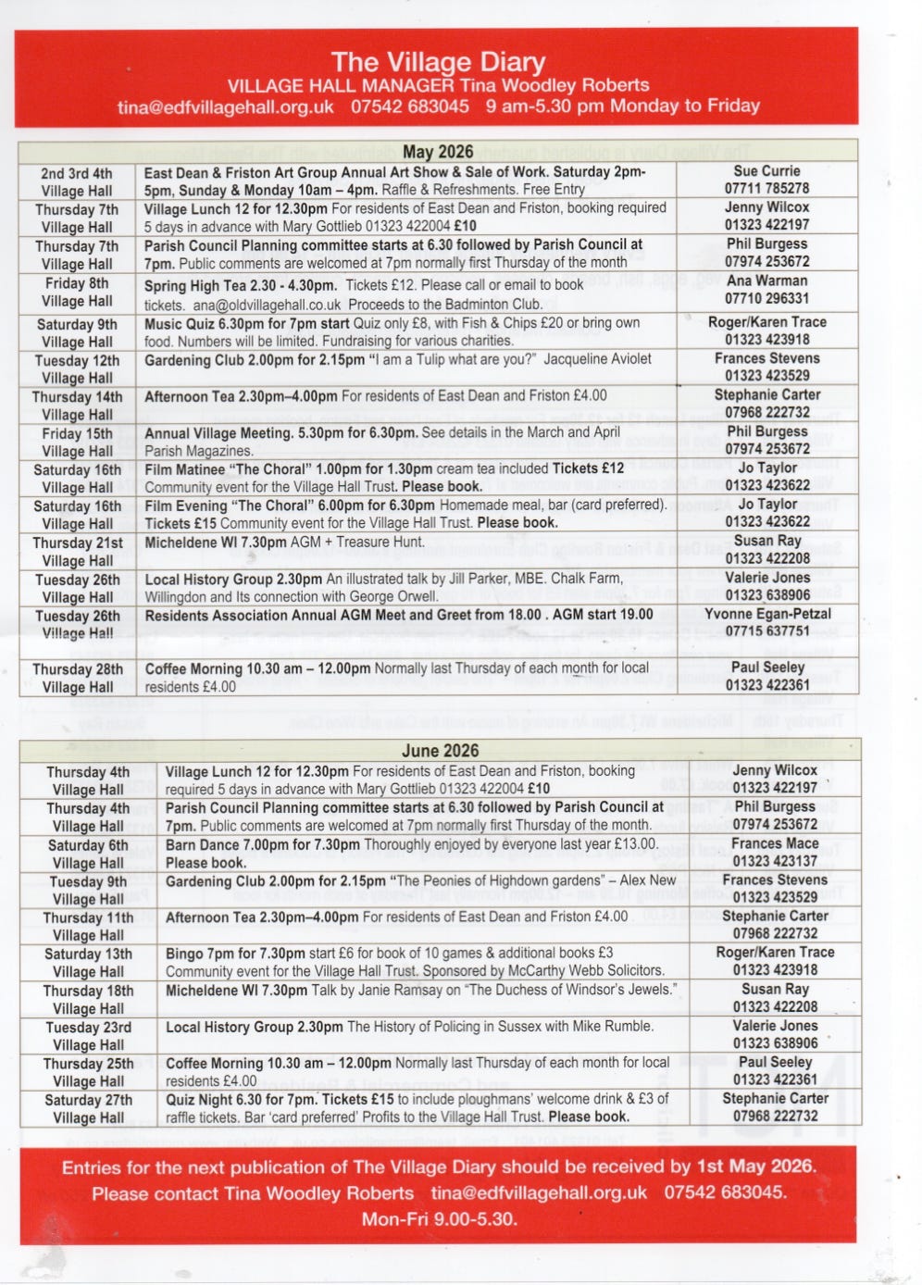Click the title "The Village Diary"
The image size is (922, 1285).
pyautogui.click(x=438, y=62)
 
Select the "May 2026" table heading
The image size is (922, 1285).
pyautogui.click(x=438, y=152)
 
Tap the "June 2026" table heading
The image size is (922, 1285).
pyautogui.click(x=440, y=751)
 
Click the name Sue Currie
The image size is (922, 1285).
pyautogui.click(x=766, y=171)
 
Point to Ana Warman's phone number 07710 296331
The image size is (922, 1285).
pyautogui.click(x=766, y=298)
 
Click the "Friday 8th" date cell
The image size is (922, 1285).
pyautogui.click(x=77, y=283)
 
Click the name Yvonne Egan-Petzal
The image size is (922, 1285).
pyautogui.click(x=767, y=614)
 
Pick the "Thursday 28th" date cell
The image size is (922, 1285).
pyautogui.click(x=77, y=668)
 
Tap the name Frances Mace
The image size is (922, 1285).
pyautogui.click(x=775, y=843)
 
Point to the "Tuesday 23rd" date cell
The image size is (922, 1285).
pyautogui.click(x=88, y=1028)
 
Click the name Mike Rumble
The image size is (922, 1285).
pyautogui.click(x=611, y=1026)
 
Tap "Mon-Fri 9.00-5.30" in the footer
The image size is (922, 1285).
pyautogui.click(x=439, y=1218)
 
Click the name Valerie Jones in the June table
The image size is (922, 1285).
pyautogui.click(x=775, y=1026)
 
